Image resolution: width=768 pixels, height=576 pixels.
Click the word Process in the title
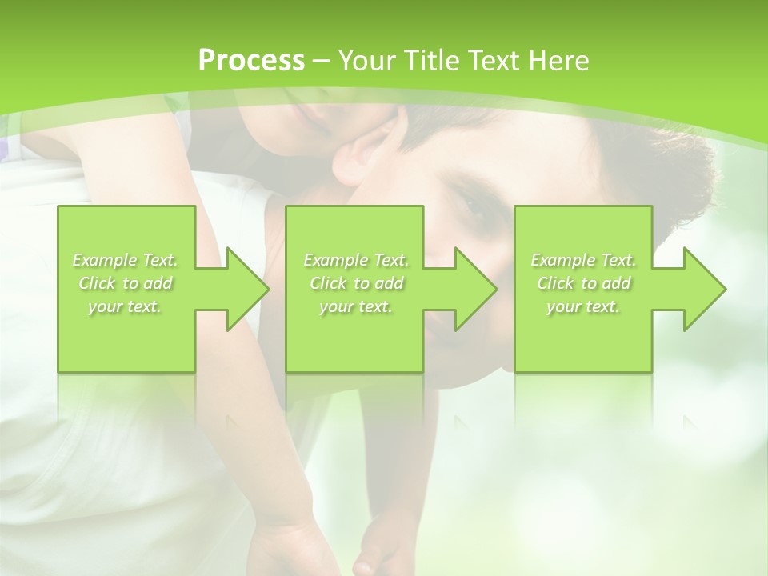tap(250, 61)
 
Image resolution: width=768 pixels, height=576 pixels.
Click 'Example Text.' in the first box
tap(126, 260)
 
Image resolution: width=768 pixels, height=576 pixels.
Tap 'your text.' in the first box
tap(126, 306)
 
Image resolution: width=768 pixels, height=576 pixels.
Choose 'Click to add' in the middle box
tap(356, 283)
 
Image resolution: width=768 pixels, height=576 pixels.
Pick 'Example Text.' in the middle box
tap(356, 260)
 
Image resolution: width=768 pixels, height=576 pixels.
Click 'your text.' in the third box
tap(583, 306)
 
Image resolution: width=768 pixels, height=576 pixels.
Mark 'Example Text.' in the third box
tap(583, 260)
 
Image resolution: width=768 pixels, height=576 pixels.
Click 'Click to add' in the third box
tap(583, 283)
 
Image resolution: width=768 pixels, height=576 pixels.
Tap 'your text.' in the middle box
tap(356, 306)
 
